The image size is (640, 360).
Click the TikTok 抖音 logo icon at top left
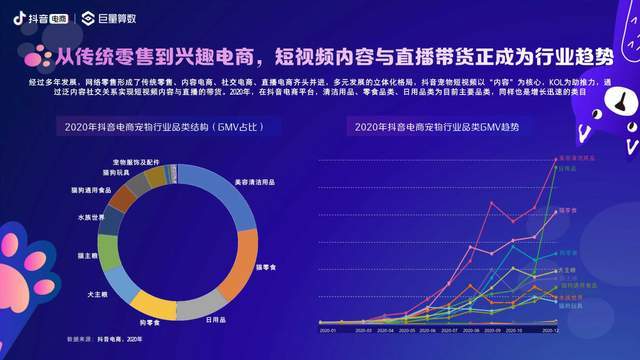[x=18, y=17]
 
